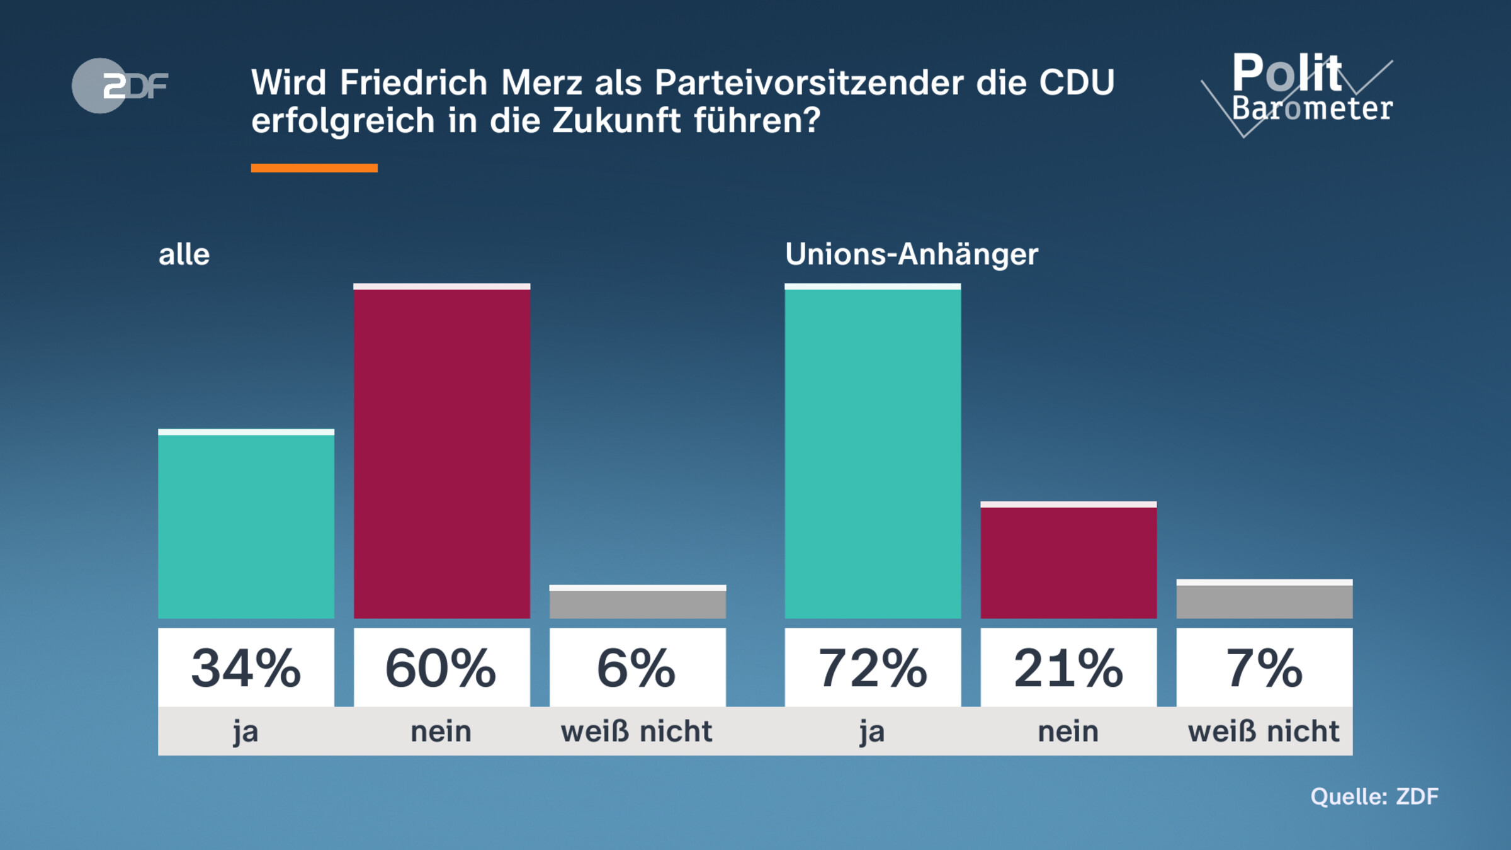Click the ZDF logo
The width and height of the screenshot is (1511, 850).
pyautogui.click(x=120, y=86)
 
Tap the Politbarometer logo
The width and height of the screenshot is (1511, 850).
pyautogui.click(x=1303, y=91)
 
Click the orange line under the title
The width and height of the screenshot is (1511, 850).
pyautogui.click(x=314, y=168)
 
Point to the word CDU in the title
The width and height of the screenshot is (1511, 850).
pyautogui.click(x=1077, y=82)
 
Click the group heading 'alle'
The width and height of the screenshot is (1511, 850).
pyautogui.click(x=184, y=255)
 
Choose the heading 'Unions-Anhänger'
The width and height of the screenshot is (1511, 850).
pyautogui.click(x=911, y=254)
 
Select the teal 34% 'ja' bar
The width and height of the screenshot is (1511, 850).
pyautogui.click(x=246, y=526)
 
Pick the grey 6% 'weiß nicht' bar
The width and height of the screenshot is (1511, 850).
pyautogui.click(x=638, y=603)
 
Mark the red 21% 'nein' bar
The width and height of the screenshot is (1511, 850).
pyautogui.click(x=1068, y=561)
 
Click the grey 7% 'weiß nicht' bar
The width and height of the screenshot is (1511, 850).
pyautogui.click(x=1264, y=600)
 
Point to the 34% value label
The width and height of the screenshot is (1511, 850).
pyautogui.click(x=246, y=668)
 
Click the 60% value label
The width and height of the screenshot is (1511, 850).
pyautogui.click(x=441, y=668)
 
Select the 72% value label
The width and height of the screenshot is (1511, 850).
pyautogui.click(x=873, y=668)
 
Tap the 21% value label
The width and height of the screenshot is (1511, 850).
pyautogui.click(x=1068, y=668)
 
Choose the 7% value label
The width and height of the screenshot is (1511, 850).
pyautogui.click(x=1264, y=668)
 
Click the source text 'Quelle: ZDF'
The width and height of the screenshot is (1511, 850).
pyautogui.click(x=1374, y=796)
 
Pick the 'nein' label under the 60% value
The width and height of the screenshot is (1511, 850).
pyautogui.click(x=441, y=732)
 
